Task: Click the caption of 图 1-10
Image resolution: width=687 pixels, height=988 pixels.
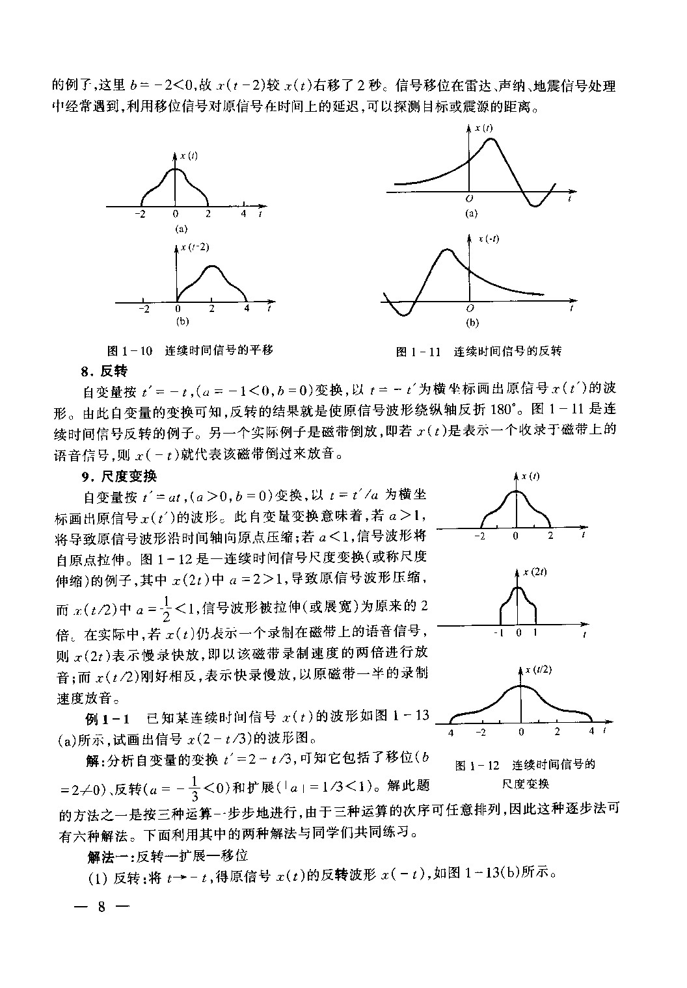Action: pos(190,350)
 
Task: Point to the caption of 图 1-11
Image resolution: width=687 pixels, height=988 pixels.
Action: pos(478,352)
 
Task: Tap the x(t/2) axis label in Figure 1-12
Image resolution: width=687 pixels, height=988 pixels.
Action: pos(539,670)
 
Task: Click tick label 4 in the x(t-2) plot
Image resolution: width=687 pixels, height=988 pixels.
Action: pos(246,309)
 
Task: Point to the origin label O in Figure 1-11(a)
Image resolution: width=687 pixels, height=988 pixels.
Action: pos(469,198)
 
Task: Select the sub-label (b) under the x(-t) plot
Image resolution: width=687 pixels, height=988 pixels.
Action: pos(472,322)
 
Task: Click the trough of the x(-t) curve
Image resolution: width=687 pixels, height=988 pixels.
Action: pos(405,315)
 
